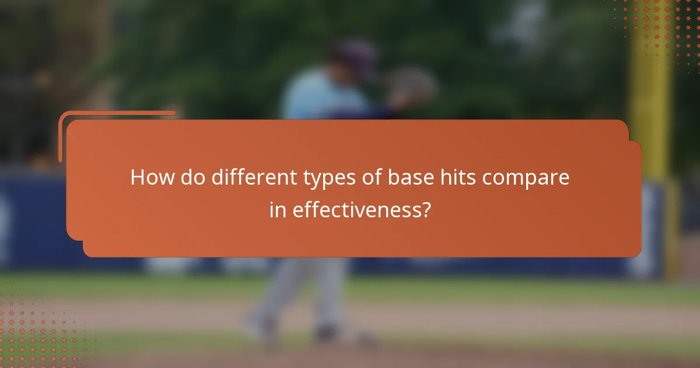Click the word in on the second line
(x=278, y=209)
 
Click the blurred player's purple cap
(x=352, y=55)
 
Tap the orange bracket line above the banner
(x=117, y=113)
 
